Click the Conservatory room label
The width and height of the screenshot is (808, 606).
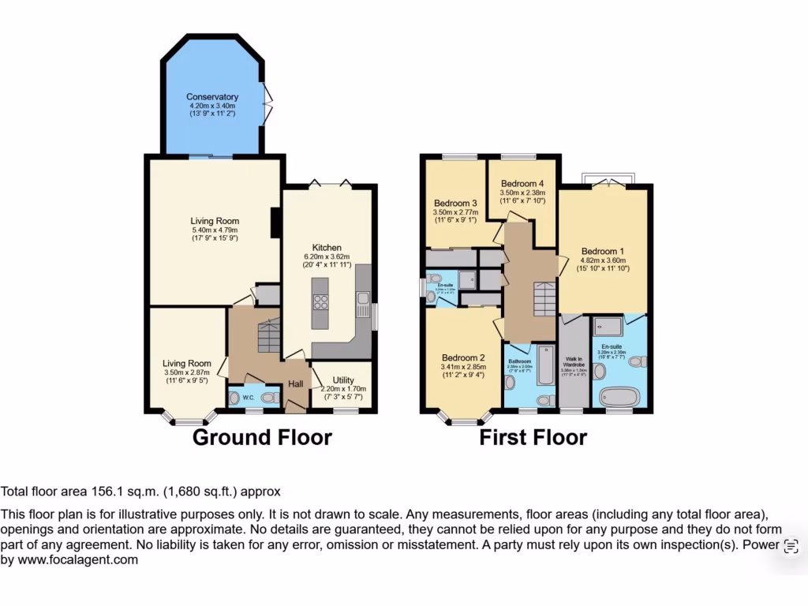click(x=212, y=97)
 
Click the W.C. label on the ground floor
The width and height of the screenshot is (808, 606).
click(x=248, y=397)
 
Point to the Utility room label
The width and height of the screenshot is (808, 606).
click(x=342, y=380)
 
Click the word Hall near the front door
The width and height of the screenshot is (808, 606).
click(x=295, y=383)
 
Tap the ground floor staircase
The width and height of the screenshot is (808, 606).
click(x=268, y=335)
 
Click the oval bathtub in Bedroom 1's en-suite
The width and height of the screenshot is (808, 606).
click(x=618, y=395)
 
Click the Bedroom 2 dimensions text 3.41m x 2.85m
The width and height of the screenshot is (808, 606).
click(x=462, y=366)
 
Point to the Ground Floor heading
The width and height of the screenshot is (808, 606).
click(x=262, y=437)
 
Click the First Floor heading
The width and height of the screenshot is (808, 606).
click(x=533, y=437)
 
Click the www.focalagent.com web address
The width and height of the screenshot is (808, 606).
click(x=78, y=560)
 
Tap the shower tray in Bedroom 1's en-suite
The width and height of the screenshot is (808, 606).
click(x=606, y=324)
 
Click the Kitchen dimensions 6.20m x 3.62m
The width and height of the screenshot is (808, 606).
click(x=326, y=257)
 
